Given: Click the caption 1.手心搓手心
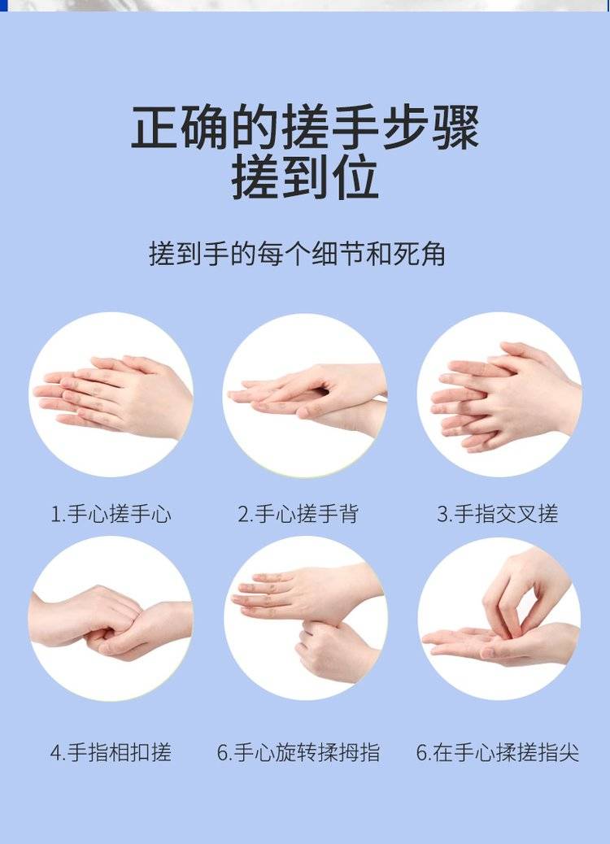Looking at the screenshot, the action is coord(111,514).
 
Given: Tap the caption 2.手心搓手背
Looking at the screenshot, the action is coord(298,514).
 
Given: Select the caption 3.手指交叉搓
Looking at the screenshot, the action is coord(498,514).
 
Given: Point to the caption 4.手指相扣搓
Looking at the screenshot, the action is coord(111,752).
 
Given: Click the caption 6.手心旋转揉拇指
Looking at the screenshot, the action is coord(298,752).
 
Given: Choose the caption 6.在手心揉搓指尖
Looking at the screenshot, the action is coord(498,752).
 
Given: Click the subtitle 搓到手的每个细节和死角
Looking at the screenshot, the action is coord(297,254).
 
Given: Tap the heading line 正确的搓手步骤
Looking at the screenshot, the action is coord(305,127).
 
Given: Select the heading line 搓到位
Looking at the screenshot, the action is coord(305,176).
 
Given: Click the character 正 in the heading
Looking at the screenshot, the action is coord(155,127).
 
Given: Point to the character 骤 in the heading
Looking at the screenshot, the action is coord(455,127).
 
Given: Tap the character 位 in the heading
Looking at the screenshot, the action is coord(355,176).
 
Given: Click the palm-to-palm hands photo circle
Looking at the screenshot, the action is coord(111,394).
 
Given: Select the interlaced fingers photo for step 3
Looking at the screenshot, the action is coord(499,394).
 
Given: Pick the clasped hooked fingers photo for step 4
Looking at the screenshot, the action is coord(111,618).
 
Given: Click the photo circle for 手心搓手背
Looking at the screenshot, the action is coord(305,394).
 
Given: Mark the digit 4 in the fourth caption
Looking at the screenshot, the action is coord(55,752).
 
